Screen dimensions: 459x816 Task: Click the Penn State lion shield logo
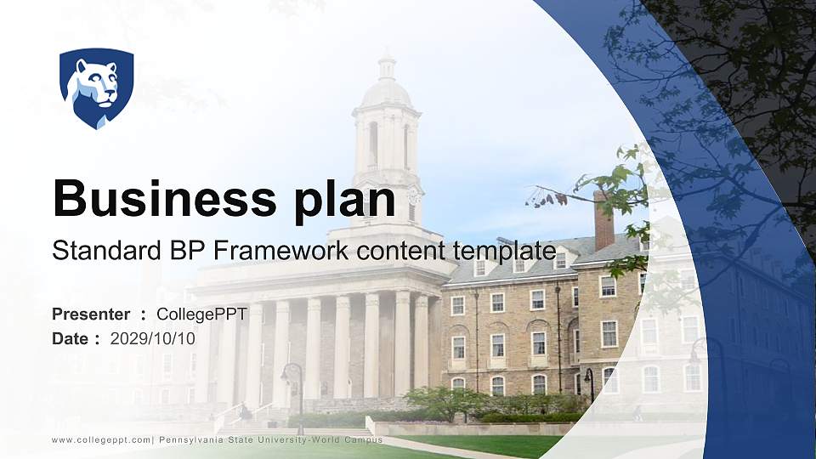96,87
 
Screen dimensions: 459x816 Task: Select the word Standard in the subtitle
93,252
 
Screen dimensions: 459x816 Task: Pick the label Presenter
91,314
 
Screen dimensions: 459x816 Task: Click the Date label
71,338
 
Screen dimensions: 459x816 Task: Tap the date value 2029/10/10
153,338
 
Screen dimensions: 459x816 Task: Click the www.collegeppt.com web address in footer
101,439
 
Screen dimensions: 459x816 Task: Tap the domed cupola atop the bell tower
387,85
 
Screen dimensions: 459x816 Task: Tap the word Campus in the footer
364,439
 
